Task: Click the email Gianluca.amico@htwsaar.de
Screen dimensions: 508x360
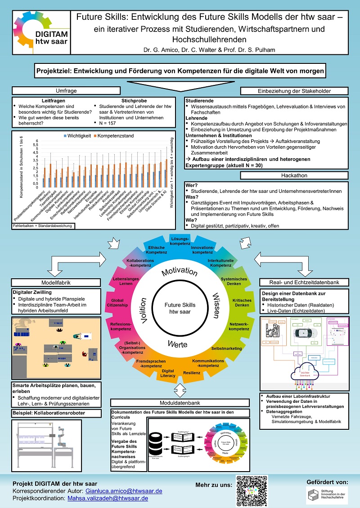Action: coord(124,490)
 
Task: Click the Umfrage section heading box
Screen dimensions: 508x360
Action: coord(65,90)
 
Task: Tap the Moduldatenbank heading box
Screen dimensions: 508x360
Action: coord(180,403)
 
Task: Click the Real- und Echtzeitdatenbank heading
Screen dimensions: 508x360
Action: coord(304,282)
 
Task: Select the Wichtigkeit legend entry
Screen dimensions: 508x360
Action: coord(79,135)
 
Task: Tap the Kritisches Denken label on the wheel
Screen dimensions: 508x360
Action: coord(242,302)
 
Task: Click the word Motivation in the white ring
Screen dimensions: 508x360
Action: coord(179,272)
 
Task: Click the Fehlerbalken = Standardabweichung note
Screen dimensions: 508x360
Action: coord(43,226)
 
